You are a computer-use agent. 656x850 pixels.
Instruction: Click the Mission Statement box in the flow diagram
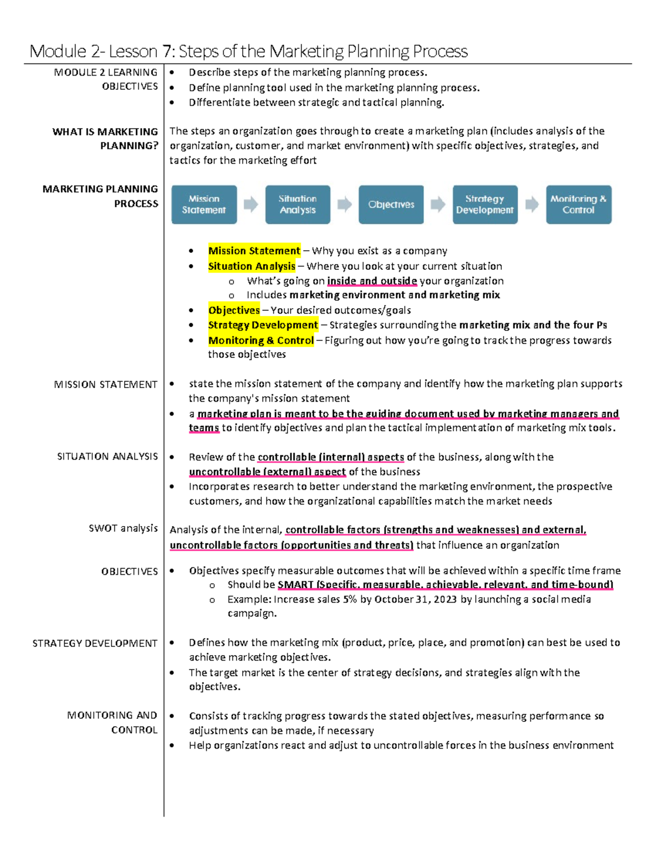[204, 204]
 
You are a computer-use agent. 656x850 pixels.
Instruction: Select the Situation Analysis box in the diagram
[297, 204]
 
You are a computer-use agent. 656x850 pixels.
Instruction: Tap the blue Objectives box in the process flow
[391, 204]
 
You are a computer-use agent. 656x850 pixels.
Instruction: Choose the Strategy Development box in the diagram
[485, 204]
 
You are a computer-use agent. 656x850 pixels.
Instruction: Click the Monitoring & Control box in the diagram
[578, 204]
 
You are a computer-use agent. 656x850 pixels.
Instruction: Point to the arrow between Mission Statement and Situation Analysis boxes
[251, 204]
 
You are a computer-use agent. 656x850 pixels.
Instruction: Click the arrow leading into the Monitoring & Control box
[532, 204]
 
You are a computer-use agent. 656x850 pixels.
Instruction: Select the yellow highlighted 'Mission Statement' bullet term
[254, 251]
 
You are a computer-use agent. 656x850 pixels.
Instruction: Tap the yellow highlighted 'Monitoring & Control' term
[261, 340]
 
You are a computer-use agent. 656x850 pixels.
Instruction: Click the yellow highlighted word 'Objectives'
[234, 310]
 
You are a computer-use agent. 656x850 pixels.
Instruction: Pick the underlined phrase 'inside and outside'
[372, 281]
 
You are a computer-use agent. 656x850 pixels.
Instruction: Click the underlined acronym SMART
[295, 585]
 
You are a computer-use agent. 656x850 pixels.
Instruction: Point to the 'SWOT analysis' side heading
[123, 528]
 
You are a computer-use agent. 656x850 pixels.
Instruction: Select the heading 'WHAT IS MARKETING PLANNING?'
[105, 138]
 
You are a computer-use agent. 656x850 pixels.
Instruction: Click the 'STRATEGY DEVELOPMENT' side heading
[95, 643]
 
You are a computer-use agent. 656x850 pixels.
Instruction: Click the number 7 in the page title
[167, 51]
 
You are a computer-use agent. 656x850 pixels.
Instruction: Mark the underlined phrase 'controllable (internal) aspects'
[331, 457]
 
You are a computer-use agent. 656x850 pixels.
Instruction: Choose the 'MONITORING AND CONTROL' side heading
[113, 722]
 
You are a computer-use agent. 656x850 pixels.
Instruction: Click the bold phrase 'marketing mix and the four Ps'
[533, 325]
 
